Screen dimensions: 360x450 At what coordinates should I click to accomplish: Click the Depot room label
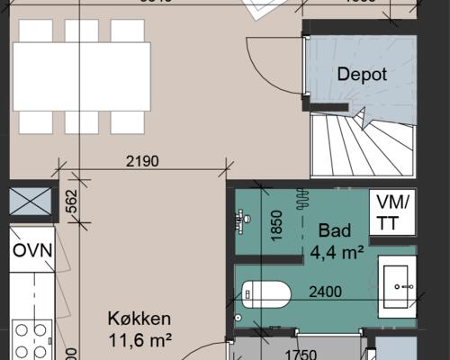362,75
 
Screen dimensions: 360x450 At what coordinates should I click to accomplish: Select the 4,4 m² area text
337,253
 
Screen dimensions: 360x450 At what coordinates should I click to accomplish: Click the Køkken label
139,319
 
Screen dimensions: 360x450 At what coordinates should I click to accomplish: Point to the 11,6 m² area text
139,339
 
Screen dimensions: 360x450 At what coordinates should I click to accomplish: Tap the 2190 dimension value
142,163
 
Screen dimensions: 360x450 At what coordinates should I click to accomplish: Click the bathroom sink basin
397,286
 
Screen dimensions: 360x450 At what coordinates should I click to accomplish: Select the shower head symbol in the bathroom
242,217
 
